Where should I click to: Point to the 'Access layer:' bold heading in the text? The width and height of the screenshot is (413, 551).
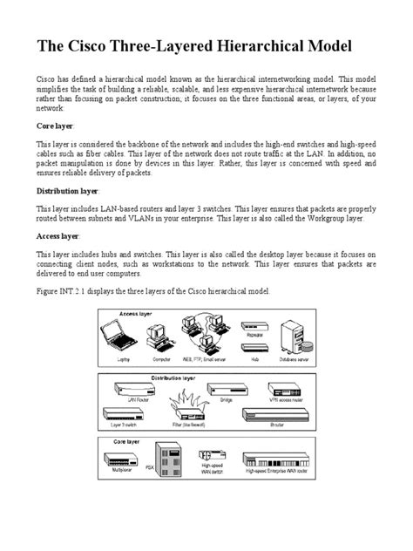[x=59, y=235]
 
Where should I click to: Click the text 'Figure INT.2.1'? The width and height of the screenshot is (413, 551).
[x=66, y=289]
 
